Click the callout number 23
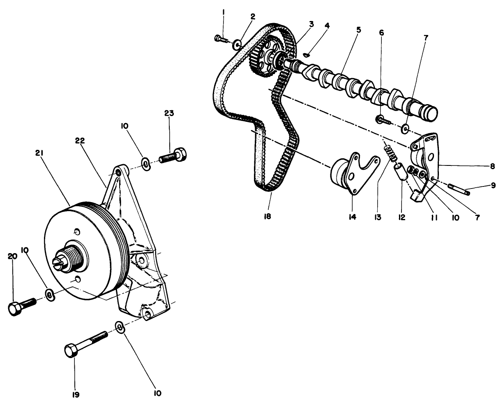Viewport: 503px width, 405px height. pyautogui.click(x=169, y=113)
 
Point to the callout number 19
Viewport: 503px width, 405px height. pyautogui.click(x=75, y=394)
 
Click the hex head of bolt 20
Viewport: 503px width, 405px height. pyautogui.click(x=15, y=309)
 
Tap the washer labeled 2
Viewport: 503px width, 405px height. pyautogui.click(x=237, y=44)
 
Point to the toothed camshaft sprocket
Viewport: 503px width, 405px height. pyautogui.click(x=263, y=58)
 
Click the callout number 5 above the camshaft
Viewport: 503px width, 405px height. pyautogui.click(x=358, y=30)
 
